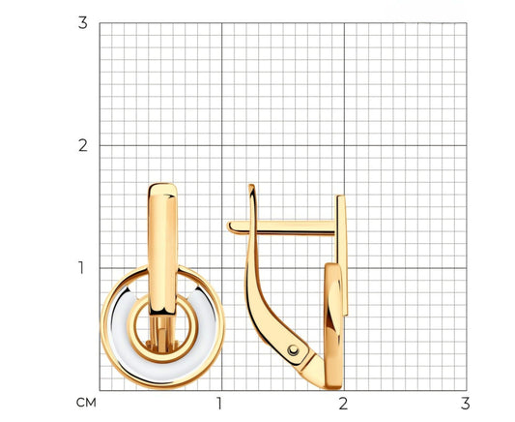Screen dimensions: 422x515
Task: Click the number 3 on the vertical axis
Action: [83, 23]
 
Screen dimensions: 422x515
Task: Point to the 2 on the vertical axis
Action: [83, 145]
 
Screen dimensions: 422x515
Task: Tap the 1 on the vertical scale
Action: [83, 267]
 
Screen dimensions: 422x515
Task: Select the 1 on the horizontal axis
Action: [220, 402]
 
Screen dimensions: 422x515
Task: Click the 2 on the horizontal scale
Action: [342, 402]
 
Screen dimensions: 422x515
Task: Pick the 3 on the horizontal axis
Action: [464, 402]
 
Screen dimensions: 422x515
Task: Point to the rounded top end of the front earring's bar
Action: [161, 187]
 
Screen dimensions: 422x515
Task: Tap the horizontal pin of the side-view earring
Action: [290, 226]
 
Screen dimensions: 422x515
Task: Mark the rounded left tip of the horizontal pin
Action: [231, 226]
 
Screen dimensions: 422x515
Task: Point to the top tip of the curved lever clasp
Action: [251, 186]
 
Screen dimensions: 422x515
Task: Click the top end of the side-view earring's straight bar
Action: [341, 197]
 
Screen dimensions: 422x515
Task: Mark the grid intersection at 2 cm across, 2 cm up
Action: [343, 145]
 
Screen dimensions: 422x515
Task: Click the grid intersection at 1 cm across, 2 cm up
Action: [221, 145]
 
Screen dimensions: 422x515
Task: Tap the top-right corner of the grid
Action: [465, 23]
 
